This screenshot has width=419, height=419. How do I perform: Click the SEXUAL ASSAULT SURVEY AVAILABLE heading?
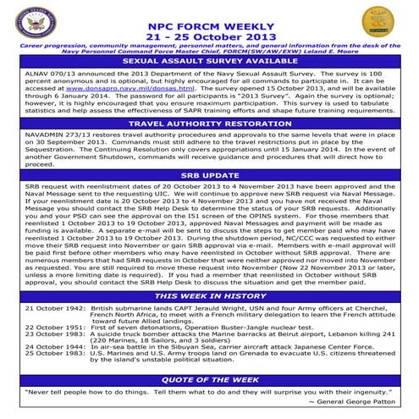tap(210, 61)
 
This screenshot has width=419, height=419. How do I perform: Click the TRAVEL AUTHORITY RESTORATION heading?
tap(210, 124)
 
